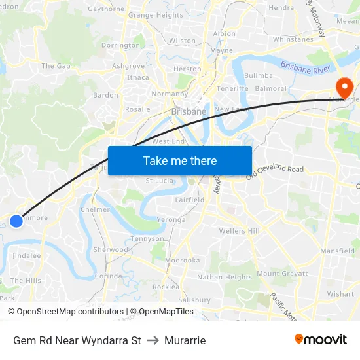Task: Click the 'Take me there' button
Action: coord(180,160)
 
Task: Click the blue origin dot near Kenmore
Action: coord(16,221)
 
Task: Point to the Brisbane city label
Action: coord(189,112)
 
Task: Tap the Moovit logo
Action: coord(321,340)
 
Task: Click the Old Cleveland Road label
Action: coord(275,171)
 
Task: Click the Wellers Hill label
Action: coord(240,231)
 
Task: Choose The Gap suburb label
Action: coord(56,66)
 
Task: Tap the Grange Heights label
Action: coord(156,15)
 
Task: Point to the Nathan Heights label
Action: coord(225,278)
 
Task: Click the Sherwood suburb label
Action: coord(111,250)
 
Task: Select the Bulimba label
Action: coord(258,76)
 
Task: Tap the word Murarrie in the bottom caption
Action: coord(185,340)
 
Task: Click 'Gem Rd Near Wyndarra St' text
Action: coord(77,340)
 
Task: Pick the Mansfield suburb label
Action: coord(337,251)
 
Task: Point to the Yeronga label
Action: coord(171,220)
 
